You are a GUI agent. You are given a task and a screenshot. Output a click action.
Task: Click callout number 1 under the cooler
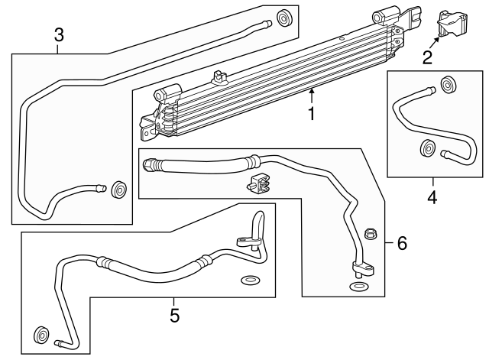click(x=311, y=115)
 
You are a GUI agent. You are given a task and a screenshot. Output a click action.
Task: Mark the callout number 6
click(x=401, y=244)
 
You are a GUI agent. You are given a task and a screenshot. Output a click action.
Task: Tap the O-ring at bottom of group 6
click(x=358, y=287)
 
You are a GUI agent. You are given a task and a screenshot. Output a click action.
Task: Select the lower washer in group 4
click(x=428, y=149)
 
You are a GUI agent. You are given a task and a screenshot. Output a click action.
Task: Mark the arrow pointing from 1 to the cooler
click(x=311, y=95)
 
